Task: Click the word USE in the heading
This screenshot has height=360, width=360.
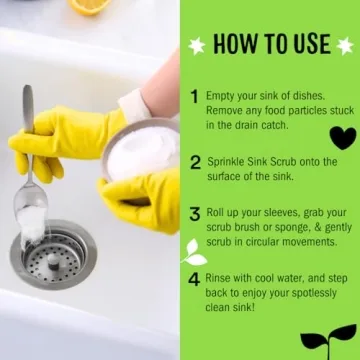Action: click(x=309, y=44)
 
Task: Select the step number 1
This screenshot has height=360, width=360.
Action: click(x=194, y=97)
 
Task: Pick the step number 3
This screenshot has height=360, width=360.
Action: click(x=194, y=214)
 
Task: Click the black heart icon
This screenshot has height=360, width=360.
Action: click(x=342, y=137)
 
